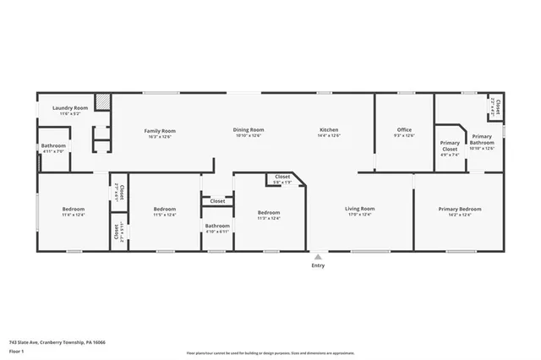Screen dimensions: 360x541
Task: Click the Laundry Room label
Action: coord(70,108)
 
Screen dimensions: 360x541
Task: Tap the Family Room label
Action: coord(160,130)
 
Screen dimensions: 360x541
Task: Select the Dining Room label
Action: coord(249,130)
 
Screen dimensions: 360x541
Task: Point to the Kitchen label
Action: coord(329,130)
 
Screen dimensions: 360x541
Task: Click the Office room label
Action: coord(405,130)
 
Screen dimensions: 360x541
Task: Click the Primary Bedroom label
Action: coord(460,209)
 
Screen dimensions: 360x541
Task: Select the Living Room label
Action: coord(360,209)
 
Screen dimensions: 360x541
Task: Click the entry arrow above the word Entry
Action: coord(318,256)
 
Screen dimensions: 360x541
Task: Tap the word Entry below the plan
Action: coord(318,265)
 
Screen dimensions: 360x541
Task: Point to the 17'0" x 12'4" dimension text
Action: coord(360,215)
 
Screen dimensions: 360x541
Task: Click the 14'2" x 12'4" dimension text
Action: coord(460,215)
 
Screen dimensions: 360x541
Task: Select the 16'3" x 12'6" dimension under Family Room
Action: coord(160,136)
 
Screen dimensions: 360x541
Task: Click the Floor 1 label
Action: coord(16,350)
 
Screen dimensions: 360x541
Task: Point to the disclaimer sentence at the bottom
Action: coord(270,353)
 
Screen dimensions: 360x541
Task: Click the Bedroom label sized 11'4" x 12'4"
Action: coord(74,209)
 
